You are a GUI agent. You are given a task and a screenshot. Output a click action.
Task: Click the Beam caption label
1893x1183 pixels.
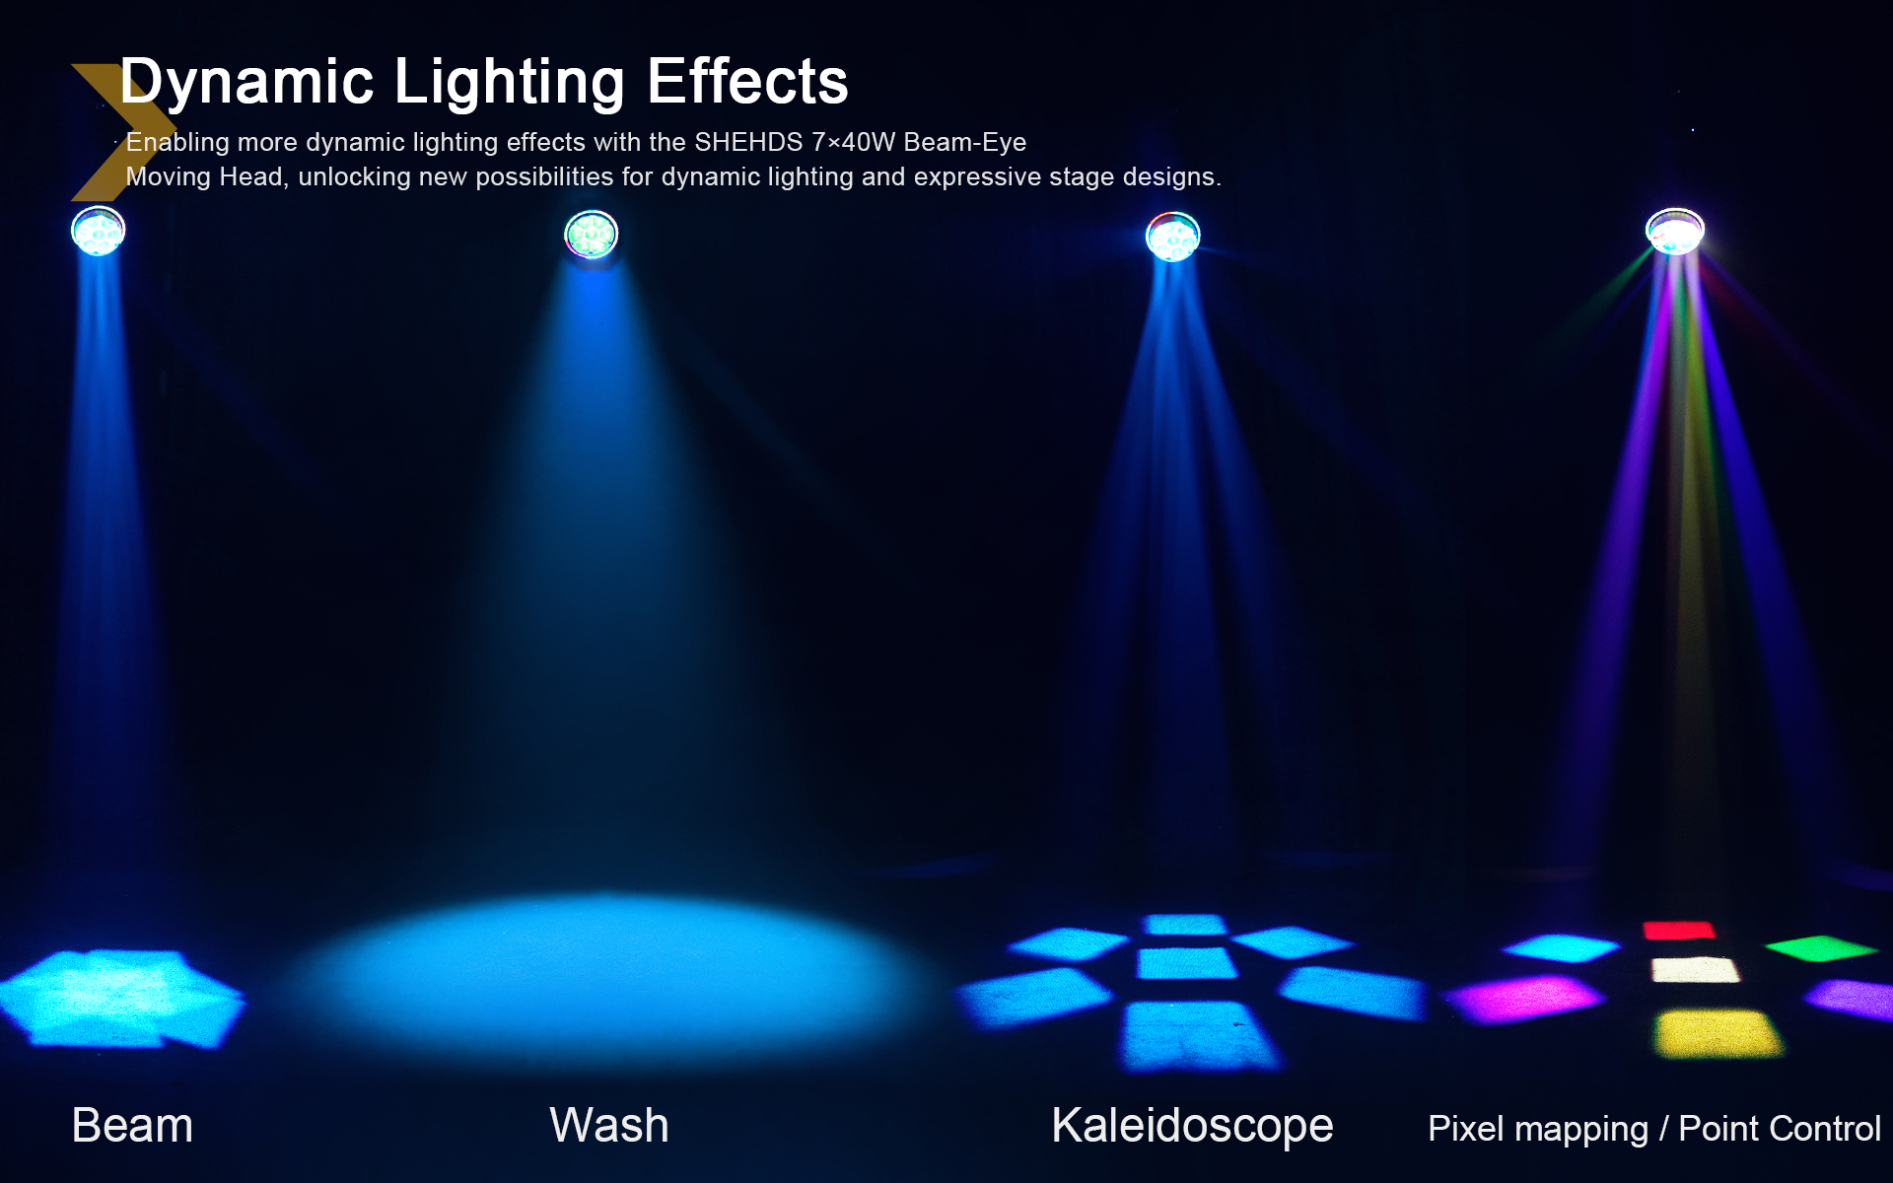click(x=132, y=1125)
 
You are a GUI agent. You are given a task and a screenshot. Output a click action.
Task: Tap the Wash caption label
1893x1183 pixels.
click(x=609, y=1125)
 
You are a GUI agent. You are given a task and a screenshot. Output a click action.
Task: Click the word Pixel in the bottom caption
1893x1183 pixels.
click(x=1466, y=1128)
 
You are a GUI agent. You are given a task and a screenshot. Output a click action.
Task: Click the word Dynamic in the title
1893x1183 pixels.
click(x=246, y=82)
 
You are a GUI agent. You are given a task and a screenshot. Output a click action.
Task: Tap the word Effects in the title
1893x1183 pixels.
click(x=747, y=81)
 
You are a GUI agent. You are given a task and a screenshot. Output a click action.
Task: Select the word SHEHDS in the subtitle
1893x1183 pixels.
click(x=748, y=142)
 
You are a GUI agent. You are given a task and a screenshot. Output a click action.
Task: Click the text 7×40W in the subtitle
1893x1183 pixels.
click(x=854, y=142)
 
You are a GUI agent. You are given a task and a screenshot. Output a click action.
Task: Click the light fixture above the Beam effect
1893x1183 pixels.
click(x=99, y=232)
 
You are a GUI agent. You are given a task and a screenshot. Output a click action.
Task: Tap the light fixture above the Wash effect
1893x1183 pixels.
click(x=592, y=235)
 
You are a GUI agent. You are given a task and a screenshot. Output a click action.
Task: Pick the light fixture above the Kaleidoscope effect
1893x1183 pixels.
click(x=1172, y=237)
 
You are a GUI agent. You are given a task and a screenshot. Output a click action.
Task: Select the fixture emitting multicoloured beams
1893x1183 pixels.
click(x=1674, y=232)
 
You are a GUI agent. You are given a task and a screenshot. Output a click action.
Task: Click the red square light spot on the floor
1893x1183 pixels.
click(x=1678, y=930)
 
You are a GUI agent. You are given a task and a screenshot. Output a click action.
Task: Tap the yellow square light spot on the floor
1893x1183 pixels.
click(x=1718, y=1033)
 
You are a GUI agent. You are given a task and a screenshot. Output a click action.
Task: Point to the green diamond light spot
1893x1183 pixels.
click(x=1821, y=948)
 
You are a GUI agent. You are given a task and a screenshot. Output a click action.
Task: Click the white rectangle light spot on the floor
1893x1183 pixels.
click(x=1695, y=970)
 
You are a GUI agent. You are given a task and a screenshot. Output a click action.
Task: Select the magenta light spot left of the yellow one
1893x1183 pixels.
click(x=1523, y=999)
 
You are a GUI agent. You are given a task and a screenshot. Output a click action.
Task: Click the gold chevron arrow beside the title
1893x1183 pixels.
click(x=113, y=132)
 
